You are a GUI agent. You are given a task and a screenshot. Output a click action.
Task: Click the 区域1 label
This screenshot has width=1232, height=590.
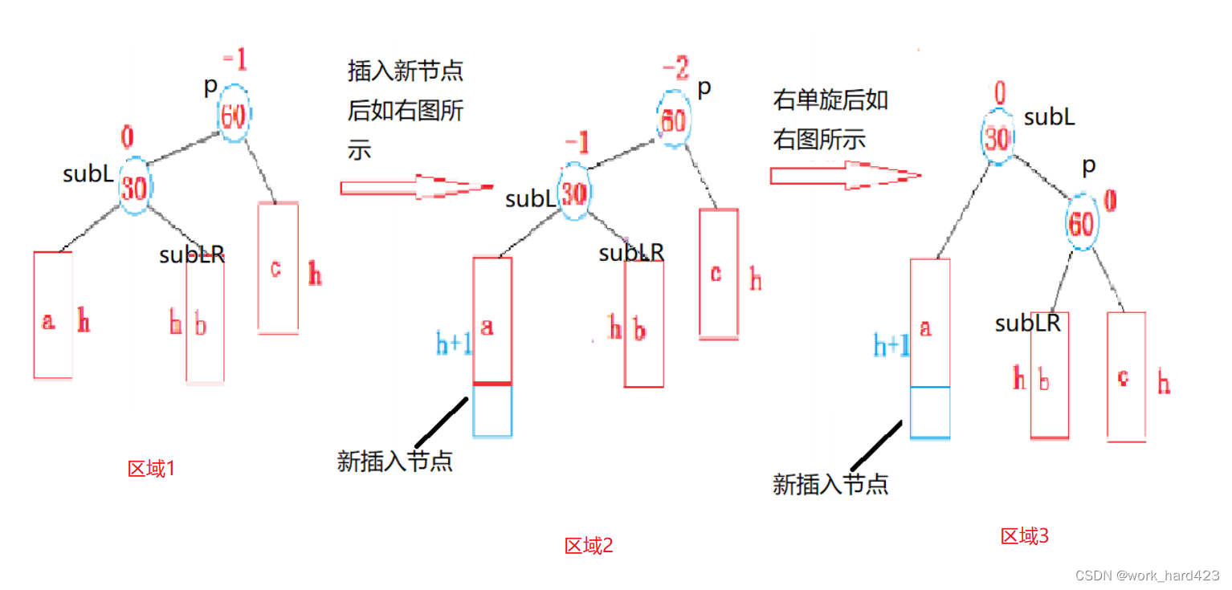[151, 469]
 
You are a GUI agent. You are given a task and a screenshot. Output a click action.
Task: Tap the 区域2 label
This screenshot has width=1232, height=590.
[589, 546]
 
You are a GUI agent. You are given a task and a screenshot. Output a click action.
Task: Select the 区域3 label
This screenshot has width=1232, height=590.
[1024, 536]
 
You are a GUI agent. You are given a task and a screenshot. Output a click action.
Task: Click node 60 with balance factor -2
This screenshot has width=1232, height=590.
[673, 121]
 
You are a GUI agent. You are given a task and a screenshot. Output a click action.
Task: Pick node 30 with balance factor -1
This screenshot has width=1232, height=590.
[573, 193]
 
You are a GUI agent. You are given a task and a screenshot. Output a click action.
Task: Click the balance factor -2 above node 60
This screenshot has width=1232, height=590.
[675, 71]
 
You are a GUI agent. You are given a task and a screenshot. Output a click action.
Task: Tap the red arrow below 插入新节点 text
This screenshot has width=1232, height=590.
[416, 188]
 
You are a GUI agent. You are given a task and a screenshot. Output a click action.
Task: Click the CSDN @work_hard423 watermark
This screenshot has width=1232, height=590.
[1147, 576]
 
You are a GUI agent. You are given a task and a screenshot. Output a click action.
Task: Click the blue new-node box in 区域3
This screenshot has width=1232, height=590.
[930, 413]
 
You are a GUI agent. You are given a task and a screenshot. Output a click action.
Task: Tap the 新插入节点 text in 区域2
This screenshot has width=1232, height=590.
[394, 461]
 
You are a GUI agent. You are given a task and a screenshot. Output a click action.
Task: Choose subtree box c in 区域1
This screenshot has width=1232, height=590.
[278, 268]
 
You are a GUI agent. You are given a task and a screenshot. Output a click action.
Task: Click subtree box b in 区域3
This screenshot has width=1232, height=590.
[1049, 376]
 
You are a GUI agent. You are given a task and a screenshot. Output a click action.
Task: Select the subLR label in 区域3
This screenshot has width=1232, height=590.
[1027, 323]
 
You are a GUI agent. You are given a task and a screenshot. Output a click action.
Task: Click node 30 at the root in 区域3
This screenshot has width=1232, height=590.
[997, 139]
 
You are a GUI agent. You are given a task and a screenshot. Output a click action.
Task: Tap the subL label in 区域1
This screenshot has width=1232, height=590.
[88, 173]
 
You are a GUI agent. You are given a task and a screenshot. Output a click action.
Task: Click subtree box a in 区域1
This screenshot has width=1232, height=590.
[53, 315]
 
